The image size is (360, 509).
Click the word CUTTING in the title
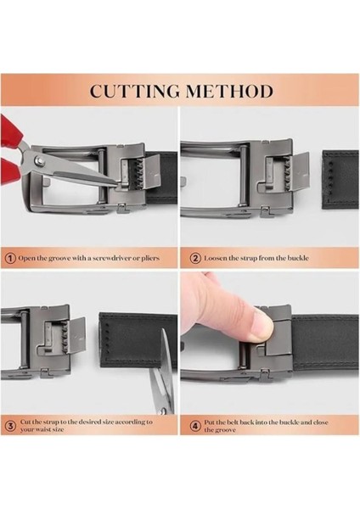(134, 91)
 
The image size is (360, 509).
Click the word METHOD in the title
(229, 91)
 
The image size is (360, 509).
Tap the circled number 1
(10, 259)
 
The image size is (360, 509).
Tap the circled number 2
(195, 259)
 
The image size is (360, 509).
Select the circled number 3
(10, 426)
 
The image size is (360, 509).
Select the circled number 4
(195, 426)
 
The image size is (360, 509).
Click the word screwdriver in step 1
(107, 259)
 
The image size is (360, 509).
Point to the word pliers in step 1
(150, 259)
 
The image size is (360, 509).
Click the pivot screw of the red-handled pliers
(39, 159)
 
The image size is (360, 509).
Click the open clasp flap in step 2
(300, 171)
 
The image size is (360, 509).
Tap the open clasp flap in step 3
(76, 336)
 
